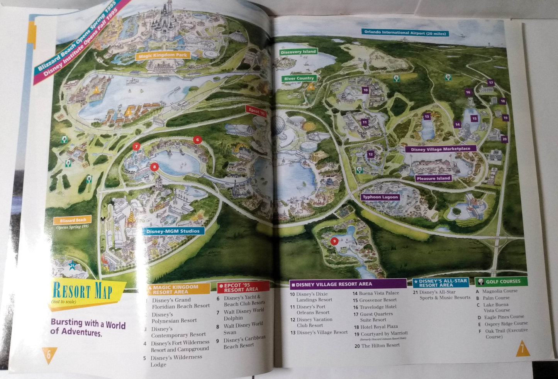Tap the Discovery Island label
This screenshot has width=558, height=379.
click(x=298, y=52)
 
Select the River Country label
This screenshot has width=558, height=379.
click(x=299, y=78)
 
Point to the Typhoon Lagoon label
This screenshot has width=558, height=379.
click(x=380, y=197)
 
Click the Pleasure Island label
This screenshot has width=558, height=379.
click(x=433, y=178)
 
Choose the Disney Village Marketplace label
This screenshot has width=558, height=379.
click(x=440, y=149)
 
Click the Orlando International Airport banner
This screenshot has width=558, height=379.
click(x=405, y=34)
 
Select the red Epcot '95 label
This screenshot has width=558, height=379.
click(x=256, y=109)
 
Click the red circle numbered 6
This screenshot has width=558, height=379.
click(x=197, y=140)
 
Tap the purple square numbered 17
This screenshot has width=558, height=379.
click(x=491, y=83)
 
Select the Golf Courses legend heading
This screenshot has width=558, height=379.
click(x=503, y=281)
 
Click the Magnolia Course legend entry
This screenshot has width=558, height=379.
click(x=500, y=291)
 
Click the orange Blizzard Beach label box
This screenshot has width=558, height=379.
click(x=73, y=220)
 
